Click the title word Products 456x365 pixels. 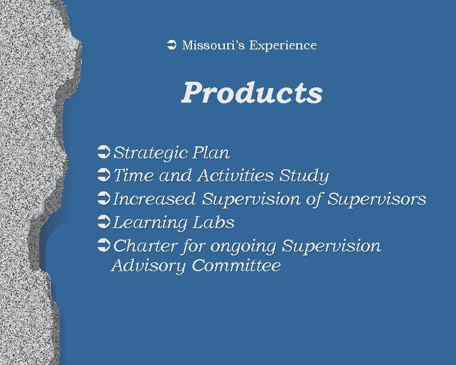click(251, 93)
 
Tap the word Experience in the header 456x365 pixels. click(282, 46)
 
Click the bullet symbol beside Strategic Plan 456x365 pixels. click(105, 153)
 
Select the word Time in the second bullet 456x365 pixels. click(132, 176)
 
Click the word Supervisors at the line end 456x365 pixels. click(377, 199)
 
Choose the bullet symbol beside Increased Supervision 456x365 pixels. click(105, 199)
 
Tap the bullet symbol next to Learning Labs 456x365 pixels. click(105, 222)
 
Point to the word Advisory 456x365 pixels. click(148, 266)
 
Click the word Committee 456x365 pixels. click(236, 266)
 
